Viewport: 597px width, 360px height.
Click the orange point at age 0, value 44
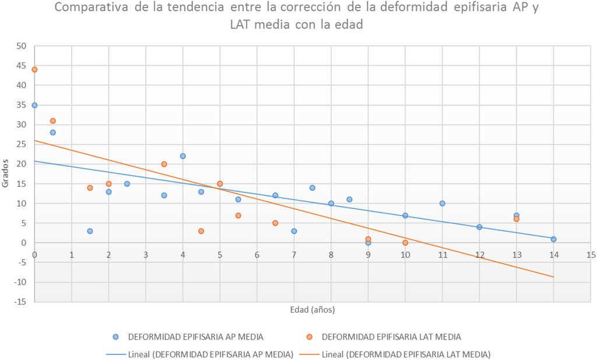tap(34, 69)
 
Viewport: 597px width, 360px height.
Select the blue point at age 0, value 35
tap(34, 105)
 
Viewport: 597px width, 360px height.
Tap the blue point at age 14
tap(553, 239)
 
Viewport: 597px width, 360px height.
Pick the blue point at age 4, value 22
tap(182, 156)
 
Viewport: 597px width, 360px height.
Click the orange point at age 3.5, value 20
tap(164, 164)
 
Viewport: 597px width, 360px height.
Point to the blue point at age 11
tap(442, 203)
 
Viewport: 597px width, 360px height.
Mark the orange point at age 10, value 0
tap(405, 243)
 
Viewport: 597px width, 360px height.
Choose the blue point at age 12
tap(479, 227)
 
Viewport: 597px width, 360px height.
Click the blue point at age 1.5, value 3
tap(90, 231)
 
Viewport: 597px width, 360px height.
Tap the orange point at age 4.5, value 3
tap(201, 231)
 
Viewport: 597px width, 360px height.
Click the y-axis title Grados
tap(5, 174)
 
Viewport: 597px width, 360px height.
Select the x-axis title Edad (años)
tap(312, 309)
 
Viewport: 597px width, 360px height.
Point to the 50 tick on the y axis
tap(22, 46)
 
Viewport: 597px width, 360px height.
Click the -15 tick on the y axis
tap(21, 302)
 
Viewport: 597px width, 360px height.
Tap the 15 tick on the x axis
tap(591, 255)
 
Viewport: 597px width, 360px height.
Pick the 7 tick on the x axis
tap(294, 255)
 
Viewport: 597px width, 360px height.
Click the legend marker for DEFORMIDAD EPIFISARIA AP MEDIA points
tap(116, 337)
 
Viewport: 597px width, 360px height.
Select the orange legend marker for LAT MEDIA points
tap(310, 337)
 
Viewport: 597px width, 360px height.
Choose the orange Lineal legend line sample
tap(308, 354)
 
